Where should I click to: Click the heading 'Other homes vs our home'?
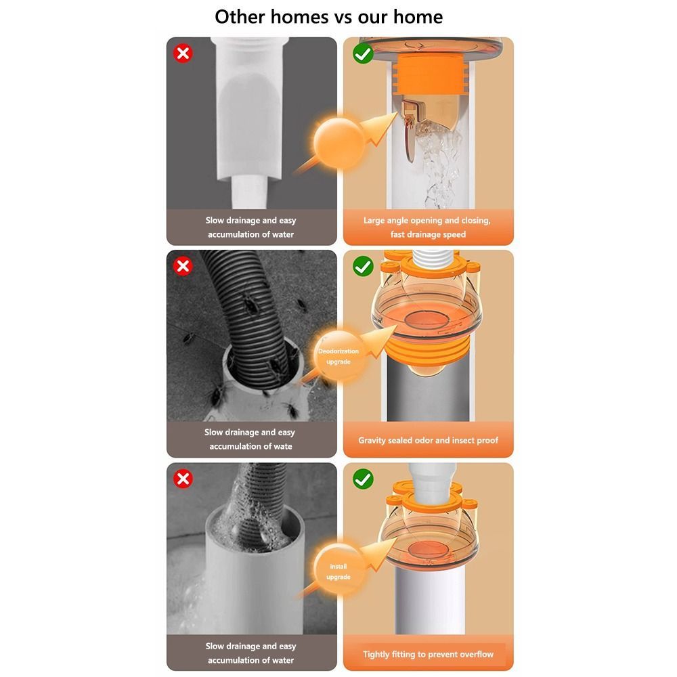point(328,16)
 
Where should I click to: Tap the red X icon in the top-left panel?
point(183,54)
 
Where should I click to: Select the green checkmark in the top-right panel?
point(364,54)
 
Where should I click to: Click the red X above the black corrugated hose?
point(183,266)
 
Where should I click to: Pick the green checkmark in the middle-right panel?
point(364,266)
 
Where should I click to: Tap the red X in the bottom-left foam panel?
point(183,479)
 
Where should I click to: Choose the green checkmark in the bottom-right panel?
point(364,479)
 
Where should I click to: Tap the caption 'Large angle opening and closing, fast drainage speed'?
point(427,227)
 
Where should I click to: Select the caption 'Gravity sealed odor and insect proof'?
point(428,440)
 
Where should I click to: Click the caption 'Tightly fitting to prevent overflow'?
point(428,654)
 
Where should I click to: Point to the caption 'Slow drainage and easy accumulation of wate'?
point(251,439)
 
